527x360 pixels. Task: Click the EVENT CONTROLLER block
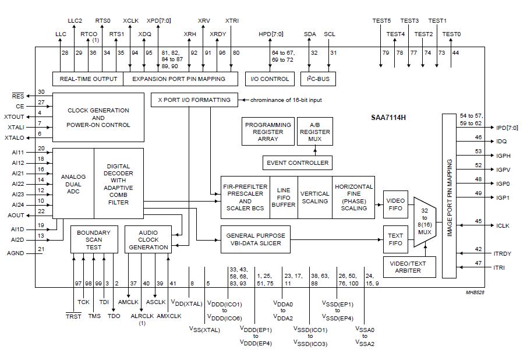pos(297,163)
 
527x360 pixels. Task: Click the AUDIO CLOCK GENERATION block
pos(148,239)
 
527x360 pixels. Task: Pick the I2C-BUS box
pos(321,79)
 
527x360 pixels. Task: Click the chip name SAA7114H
pos(388,117)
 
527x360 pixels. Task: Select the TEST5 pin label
pos(381,21)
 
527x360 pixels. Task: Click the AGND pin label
pos(15,253)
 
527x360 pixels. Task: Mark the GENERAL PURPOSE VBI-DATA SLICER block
pos(256,239)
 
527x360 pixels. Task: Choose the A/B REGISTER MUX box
pos(314,132)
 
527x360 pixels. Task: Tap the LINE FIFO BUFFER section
pos(284,197)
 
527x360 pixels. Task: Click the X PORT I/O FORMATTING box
pos(194,100)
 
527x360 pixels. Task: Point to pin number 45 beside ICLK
pos(478,221)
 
